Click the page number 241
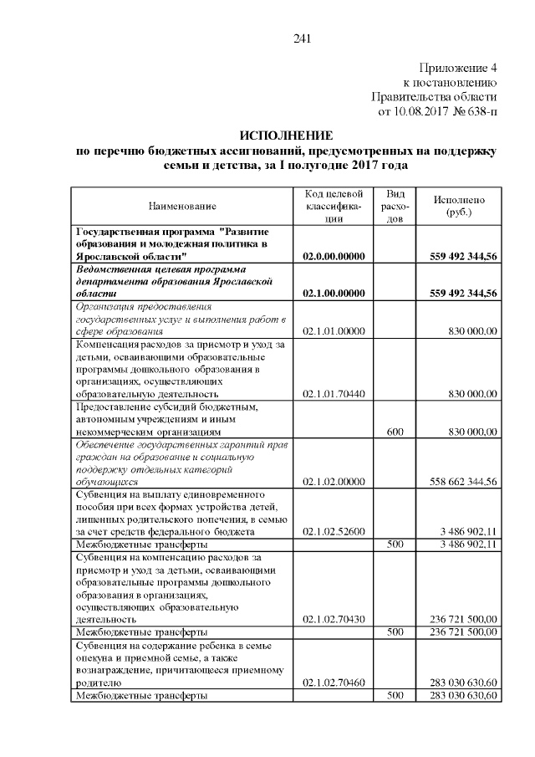point(303,38)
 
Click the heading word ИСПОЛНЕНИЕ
point(286,136)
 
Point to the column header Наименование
point(182,205)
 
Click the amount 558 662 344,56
point(463,481)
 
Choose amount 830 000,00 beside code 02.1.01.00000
point(472,331)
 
